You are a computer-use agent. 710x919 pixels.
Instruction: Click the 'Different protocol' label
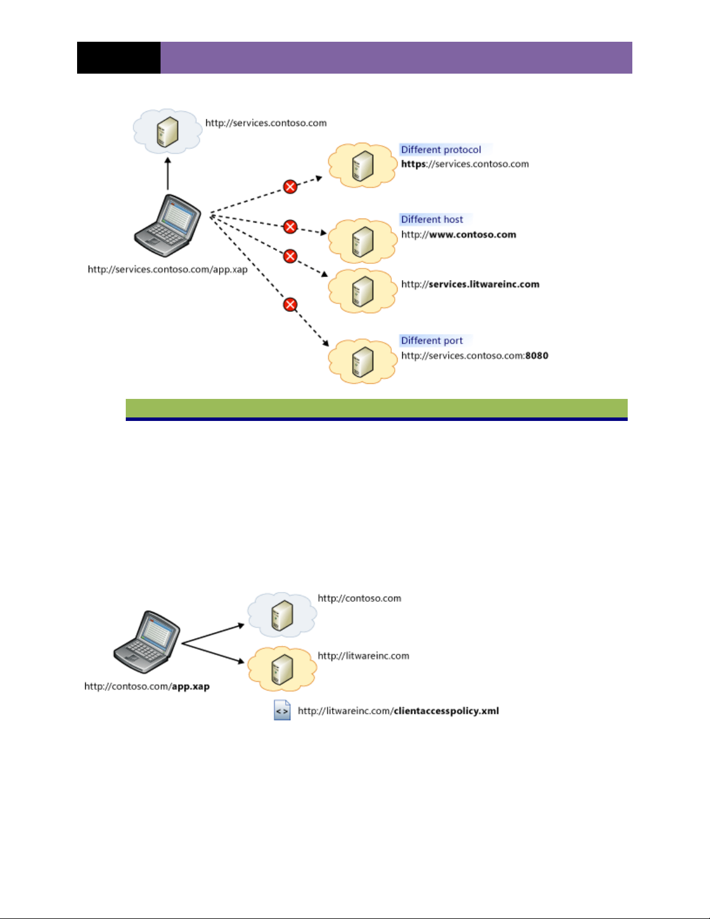point(440,150)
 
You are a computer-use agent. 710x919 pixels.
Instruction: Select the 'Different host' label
point(432,220)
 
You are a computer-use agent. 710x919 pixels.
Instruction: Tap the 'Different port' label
point(432,341)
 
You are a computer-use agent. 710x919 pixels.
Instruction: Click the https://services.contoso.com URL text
point(465,164)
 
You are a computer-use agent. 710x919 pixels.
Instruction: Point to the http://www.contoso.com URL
point(458,235)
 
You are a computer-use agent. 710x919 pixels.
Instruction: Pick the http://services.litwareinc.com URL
point(470,285)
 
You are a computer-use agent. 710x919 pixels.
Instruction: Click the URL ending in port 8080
point(475,356)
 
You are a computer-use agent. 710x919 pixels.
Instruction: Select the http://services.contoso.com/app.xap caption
point(168,270)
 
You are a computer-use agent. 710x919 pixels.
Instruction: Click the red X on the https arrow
point(290,187)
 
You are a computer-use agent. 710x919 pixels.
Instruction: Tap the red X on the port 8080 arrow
point(290,304)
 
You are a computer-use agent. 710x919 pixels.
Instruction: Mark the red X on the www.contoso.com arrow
point(290,227)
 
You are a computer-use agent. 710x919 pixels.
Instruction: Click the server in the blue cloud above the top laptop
point(168,132)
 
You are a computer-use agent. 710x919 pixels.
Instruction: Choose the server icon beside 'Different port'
point(363,361)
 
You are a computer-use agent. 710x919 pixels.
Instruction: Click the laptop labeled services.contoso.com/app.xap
point(168,226)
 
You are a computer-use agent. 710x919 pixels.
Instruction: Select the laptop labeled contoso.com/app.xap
point(147,641)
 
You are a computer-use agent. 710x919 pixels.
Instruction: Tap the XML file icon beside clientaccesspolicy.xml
point(282,710)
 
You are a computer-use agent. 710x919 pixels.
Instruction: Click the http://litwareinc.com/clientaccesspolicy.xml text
point(398,711)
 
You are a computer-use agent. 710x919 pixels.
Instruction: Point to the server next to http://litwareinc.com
point(282,669)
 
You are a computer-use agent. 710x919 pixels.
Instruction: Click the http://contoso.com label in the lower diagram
point(359,598)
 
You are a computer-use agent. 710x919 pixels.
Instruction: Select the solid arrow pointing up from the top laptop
point(168,173)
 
